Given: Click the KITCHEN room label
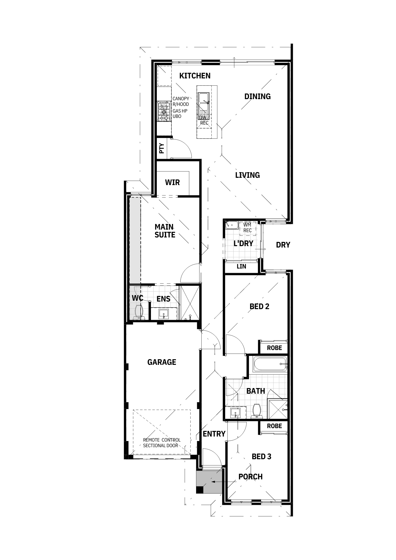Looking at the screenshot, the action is pos(195,76).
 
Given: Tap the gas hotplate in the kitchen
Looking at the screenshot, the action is pos(164,111).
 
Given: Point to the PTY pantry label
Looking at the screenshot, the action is pos(162,148).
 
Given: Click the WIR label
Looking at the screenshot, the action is pos(172,183).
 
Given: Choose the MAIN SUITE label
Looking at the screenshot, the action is pos(165,231).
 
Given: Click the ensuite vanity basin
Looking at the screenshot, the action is pos(164,314).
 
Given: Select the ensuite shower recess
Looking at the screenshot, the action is pos(190,303).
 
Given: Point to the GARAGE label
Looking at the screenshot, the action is pos(162,362).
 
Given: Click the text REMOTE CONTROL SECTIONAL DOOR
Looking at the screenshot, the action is pos(162,443).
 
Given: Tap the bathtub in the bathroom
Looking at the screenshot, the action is pos(270,364).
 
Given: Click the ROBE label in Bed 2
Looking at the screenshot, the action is pos(274,348).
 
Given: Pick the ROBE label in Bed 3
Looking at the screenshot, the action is pos(274,426).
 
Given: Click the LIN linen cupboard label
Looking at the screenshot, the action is pos(241,266).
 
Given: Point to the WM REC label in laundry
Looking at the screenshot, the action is pos(248,228).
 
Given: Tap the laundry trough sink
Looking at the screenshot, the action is pos(232,225).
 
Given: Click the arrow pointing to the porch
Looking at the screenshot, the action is pos(224,482).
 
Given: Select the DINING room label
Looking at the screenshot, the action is pos(257,97).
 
